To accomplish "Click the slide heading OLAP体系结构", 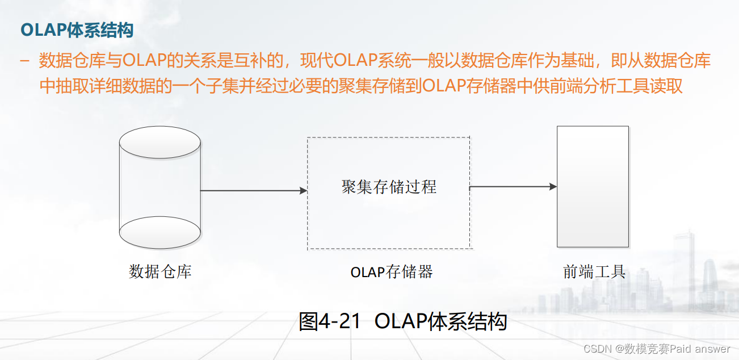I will click(77, 30).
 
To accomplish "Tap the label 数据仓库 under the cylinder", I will click(160, 271).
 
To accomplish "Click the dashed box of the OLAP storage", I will click(388, 227).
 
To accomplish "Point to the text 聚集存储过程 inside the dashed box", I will click(389, 187).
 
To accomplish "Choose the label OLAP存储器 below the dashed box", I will click(392, 272).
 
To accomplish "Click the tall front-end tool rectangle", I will click(593, 186).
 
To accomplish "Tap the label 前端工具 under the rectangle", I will click(594, 271).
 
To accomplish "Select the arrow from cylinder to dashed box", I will click(254, 191).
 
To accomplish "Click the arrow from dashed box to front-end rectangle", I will click(513, 186).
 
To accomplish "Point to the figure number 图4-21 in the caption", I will click(330, 322).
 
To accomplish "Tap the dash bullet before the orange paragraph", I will click(24, 61).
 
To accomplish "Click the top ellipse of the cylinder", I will click(159, 142).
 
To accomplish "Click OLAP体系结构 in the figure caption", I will click(440, 322).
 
